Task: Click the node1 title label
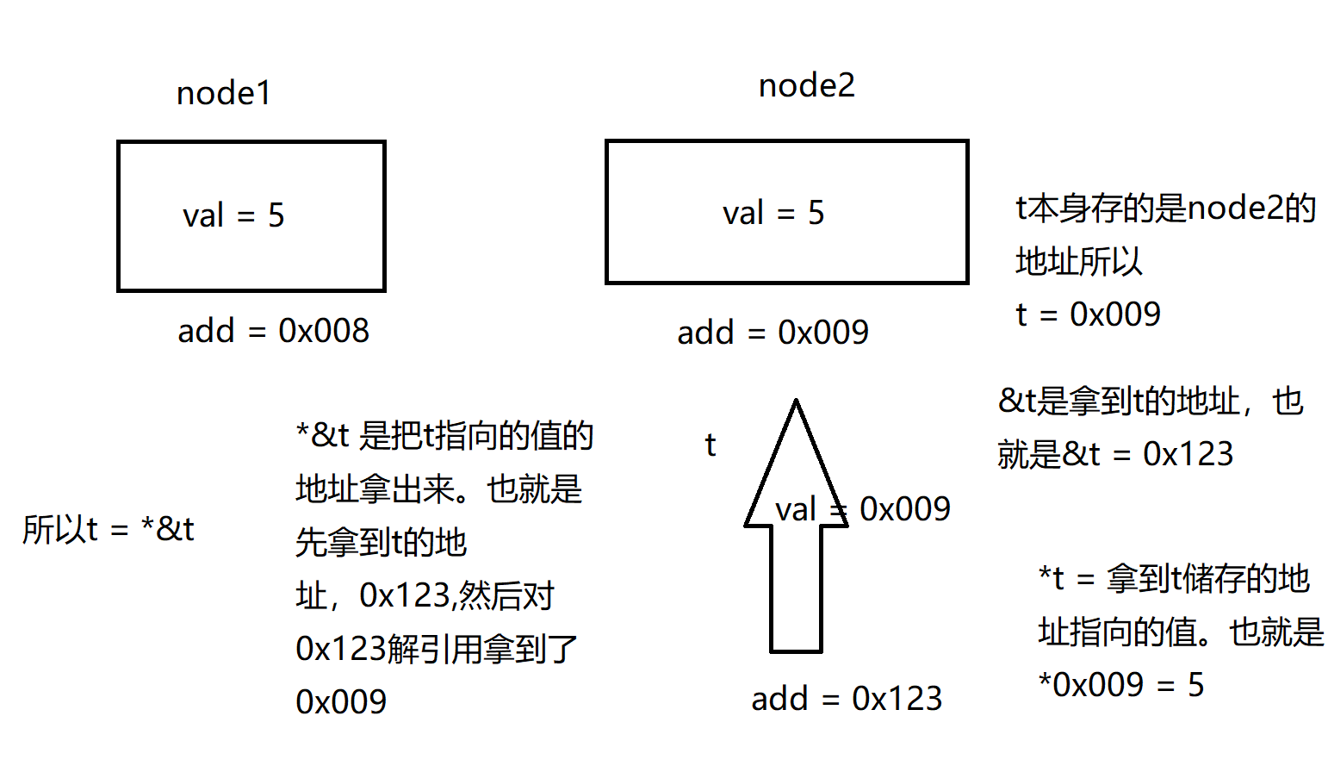[x=224, y=93]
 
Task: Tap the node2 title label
[x=807, y=85]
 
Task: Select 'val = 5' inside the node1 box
[x=233, y=215]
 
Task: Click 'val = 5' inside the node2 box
[x=773, y=213]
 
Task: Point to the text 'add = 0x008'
[x=273, y=331]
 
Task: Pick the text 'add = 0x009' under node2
[x=773, y=333]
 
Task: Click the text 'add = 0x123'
[x=847, y=699]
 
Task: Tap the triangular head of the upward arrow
[x=796, y=465]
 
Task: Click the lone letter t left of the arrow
[x=710, y=445]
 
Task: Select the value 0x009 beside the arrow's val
[x=905, y=509]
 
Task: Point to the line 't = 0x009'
[x=1088, y=314]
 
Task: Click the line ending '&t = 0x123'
[x=1115, y=454]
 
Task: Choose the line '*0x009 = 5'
[x=1121, y=685]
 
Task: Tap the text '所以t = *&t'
[x=109, y=529]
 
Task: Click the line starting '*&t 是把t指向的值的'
[x=444, y=436]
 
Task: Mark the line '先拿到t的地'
[x=381, y=543]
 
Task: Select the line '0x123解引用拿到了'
[x=437, y=649]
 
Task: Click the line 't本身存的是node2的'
[x=1165, y=209]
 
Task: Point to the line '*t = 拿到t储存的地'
[x=1174, y=579]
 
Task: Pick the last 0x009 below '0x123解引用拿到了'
[x=341, y=702]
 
